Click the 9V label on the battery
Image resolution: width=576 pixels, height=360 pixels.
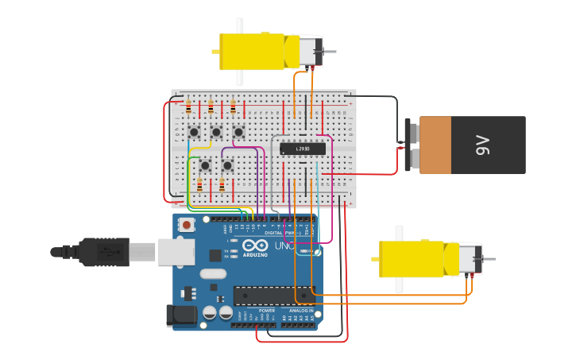click(482, 145)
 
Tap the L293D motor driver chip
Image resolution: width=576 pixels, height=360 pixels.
click(303, 149)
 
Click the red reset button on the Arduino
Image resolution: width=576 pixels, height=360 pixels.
click(187, 225)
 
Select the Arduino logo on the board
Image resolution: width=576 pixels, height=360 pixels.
click(255, 246)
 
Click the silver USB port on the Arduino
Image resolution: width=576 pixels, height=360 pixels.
click(176, 252)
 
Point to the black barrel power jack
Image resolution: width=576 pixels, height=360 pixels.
click(181, 315)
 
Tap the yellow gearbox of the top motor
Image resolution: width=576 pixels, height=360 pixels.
click(252, 52)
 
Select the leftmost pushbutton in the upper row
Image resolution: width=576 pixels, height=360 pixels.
click(194, 132)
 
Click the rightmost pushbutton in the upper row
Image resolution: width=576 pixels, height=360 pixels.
click(238, 132)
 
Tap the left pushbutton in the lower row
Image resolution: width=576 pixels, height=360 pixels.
click(205, 165)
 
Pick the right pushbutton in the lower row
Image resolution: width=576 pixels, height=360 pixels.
click(227, 165)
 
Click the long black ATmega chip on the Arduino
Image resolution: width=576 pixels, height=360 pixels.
click(273, 296)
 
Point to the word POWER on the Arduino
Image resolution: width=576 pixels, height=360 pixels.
click(244, 311)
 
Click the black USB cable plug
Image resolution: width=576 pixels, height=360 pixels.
click(99, 252)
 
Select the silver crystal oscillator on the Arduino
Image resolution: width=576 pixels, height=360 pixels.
click(213, 274)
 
